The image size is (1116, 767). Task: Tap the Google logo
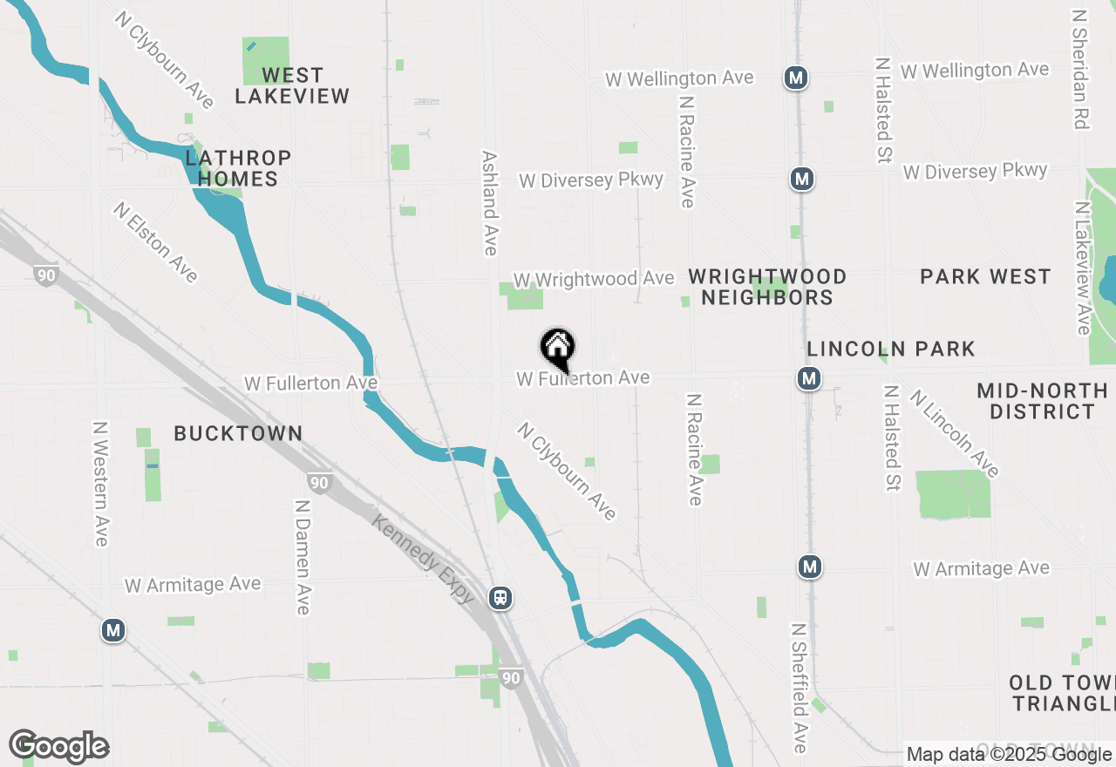58,747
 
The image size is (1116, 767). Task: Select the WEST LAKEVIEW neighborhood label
292,85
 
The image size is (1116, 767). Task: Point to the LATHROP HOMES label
238,168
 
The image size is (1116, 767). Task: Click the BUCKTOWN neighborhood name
238,433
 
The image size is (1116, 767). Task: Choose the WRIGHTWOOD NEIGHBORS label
767,287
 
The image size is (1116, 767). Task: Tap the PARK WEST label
985,277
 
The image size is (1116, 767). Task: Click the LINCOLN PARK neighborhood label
891,349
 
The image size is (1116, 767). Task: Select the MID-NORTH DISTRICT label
1042,401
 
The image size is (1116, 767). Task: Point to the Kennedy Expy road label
424,559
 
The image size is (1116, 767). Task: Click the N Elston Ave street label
155,242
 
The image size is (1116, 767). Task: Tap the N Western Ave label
101,484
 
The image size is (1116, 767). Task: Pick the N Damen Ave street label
303,557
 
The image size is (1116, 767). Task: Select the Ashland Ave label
489,203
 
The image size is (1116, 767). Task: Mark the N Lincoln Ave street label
954,433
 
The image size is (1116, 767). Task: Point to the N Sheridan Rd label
1081,70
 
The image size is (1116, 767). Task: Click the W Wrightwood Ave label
594,279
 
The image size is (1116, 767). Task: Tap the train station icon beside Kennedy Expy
500,598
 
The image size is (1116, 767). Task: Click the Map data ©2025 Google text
1009,755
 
